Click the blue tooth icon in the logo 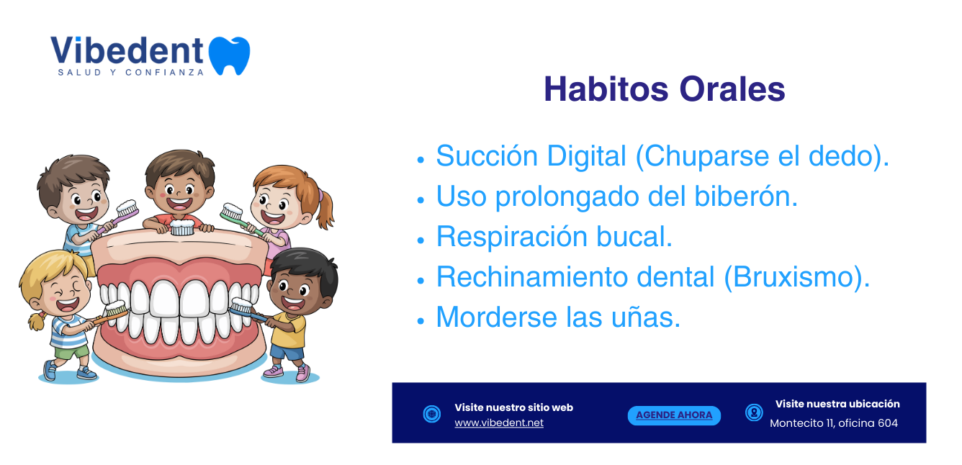pos(229,55)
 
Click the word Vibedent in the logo pos(127,50)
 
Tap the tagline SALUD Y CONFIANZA pos(130,73)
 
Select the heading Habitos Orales pos(665,89)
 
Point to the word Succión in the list pos(487,155)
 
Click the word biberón pos(746,197)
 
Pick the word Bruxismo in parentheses pos(796,277)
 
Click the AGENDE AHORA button pos(674,415)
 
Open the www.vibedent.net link pos(499,423)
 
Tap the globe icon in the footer pos(431,414)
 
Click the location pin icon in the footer pos(754,412)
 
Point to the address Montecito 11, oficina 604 pos(834,423)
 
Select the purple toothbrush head pos(127,208)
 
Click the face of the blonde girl pos(63,292)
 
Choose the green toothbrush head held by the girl pos(231,211)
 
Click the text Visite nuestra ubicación pos(837,404)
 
